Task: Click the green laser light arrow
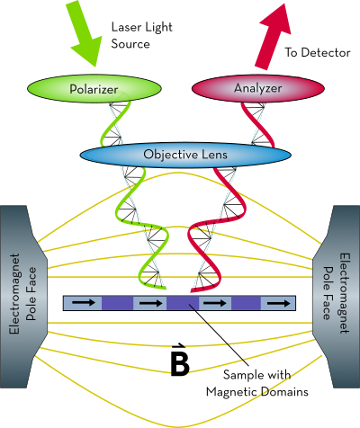coord(83,33)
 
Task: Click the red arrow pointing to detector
coord(272,38)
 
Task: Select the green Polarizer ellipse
coord(94,89)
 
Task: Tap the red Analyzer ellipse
coord(258,88)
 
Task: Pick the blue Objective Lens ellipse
coord(185,155)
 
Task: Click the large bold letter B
coord(180,364)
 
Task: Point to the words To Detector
coord(318,52)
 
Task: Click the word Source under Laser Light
coord(130,44)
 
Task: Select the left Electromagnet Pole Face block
coord(22,297)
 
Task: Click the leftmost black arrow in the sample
coord(84,303)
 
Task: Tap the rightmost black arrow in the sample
coord(279,303)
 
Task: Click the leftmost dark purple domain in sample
coord(117,303)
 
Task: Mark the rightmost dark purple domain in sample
coord(246,303)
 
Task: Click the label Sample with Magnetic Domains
coord(257,383)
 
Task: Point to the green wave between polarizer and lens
coord(115,123)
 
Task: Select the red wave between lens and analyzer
coord(258,124)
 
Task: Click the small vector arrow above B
coord(178,347)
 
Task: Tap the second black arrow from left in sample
coord(151,303)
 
